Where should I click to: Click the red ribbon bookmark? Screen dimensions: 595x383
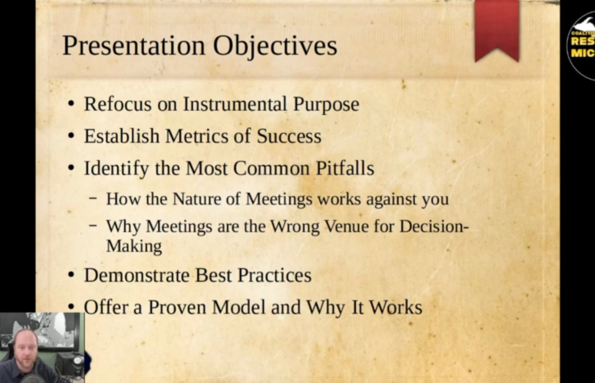pos(497,31)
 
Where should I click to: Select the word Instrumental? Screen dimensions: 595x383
pos(235,104)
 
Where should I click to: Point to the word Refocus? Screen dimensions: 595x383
pos(118,104)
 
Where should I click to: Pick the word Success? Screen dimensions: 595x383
pos(289,136)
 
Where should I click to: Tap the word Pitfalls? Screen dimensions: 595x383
pos(345,168)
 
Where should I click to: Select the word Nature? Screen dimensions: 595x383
pos(197,199)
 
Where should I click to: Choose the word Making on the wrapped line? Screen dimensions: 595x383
pos(134,246)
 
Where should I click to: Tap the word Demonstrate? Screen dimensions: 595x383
pos(137,275)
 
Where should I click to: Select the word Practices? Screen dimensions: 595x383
pos(274,275)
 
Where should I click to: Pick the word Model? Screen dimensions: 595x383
pos(239,307)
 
